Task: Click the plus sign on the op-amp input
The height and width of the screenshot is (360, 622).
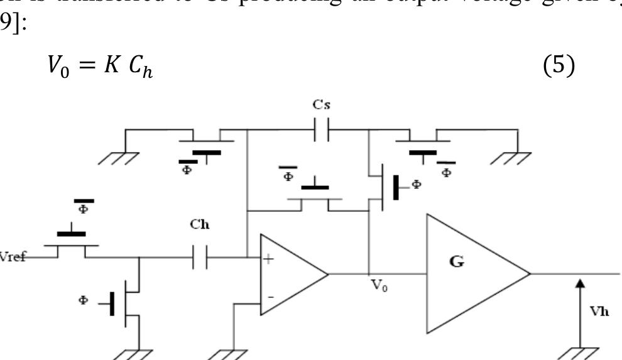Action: (x=269, y=259)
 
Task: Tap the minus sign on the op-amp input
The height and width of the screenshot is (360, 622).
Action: (x=270, y=295)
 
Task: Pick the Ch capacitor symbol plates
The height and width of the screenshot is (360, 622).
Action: (x=200, y=258)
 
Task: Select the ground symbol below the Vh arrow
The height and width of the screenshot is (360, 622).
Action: (x=580, y=352)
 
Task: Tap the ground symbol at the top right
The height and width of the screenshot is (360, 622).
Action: (x=514, y=158)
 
